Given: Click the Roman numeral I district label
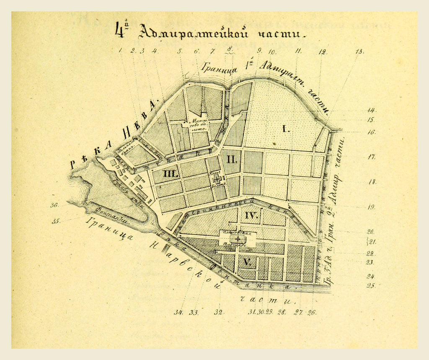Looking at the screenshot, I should pos(286,129).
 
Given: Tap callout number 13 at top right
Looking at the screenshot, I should pos(359,52).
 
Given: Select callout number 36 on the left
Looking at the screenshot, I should pos(54,205).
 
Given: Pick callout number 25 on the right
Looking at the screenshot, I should pos(371,286).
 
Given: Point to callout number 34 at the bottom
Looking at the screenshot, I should pos(178,312).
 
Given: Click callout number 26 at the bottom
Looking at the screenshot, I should pos(311,312).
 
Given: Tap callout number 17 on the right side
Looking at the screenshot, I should pos(371,157).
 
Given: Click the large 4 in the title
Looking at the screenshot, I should pos(120,31).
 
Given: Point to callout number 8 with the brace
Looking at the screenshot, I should pos(229,49).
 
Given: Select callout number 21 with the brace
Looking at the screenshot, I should pos(371,242).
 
